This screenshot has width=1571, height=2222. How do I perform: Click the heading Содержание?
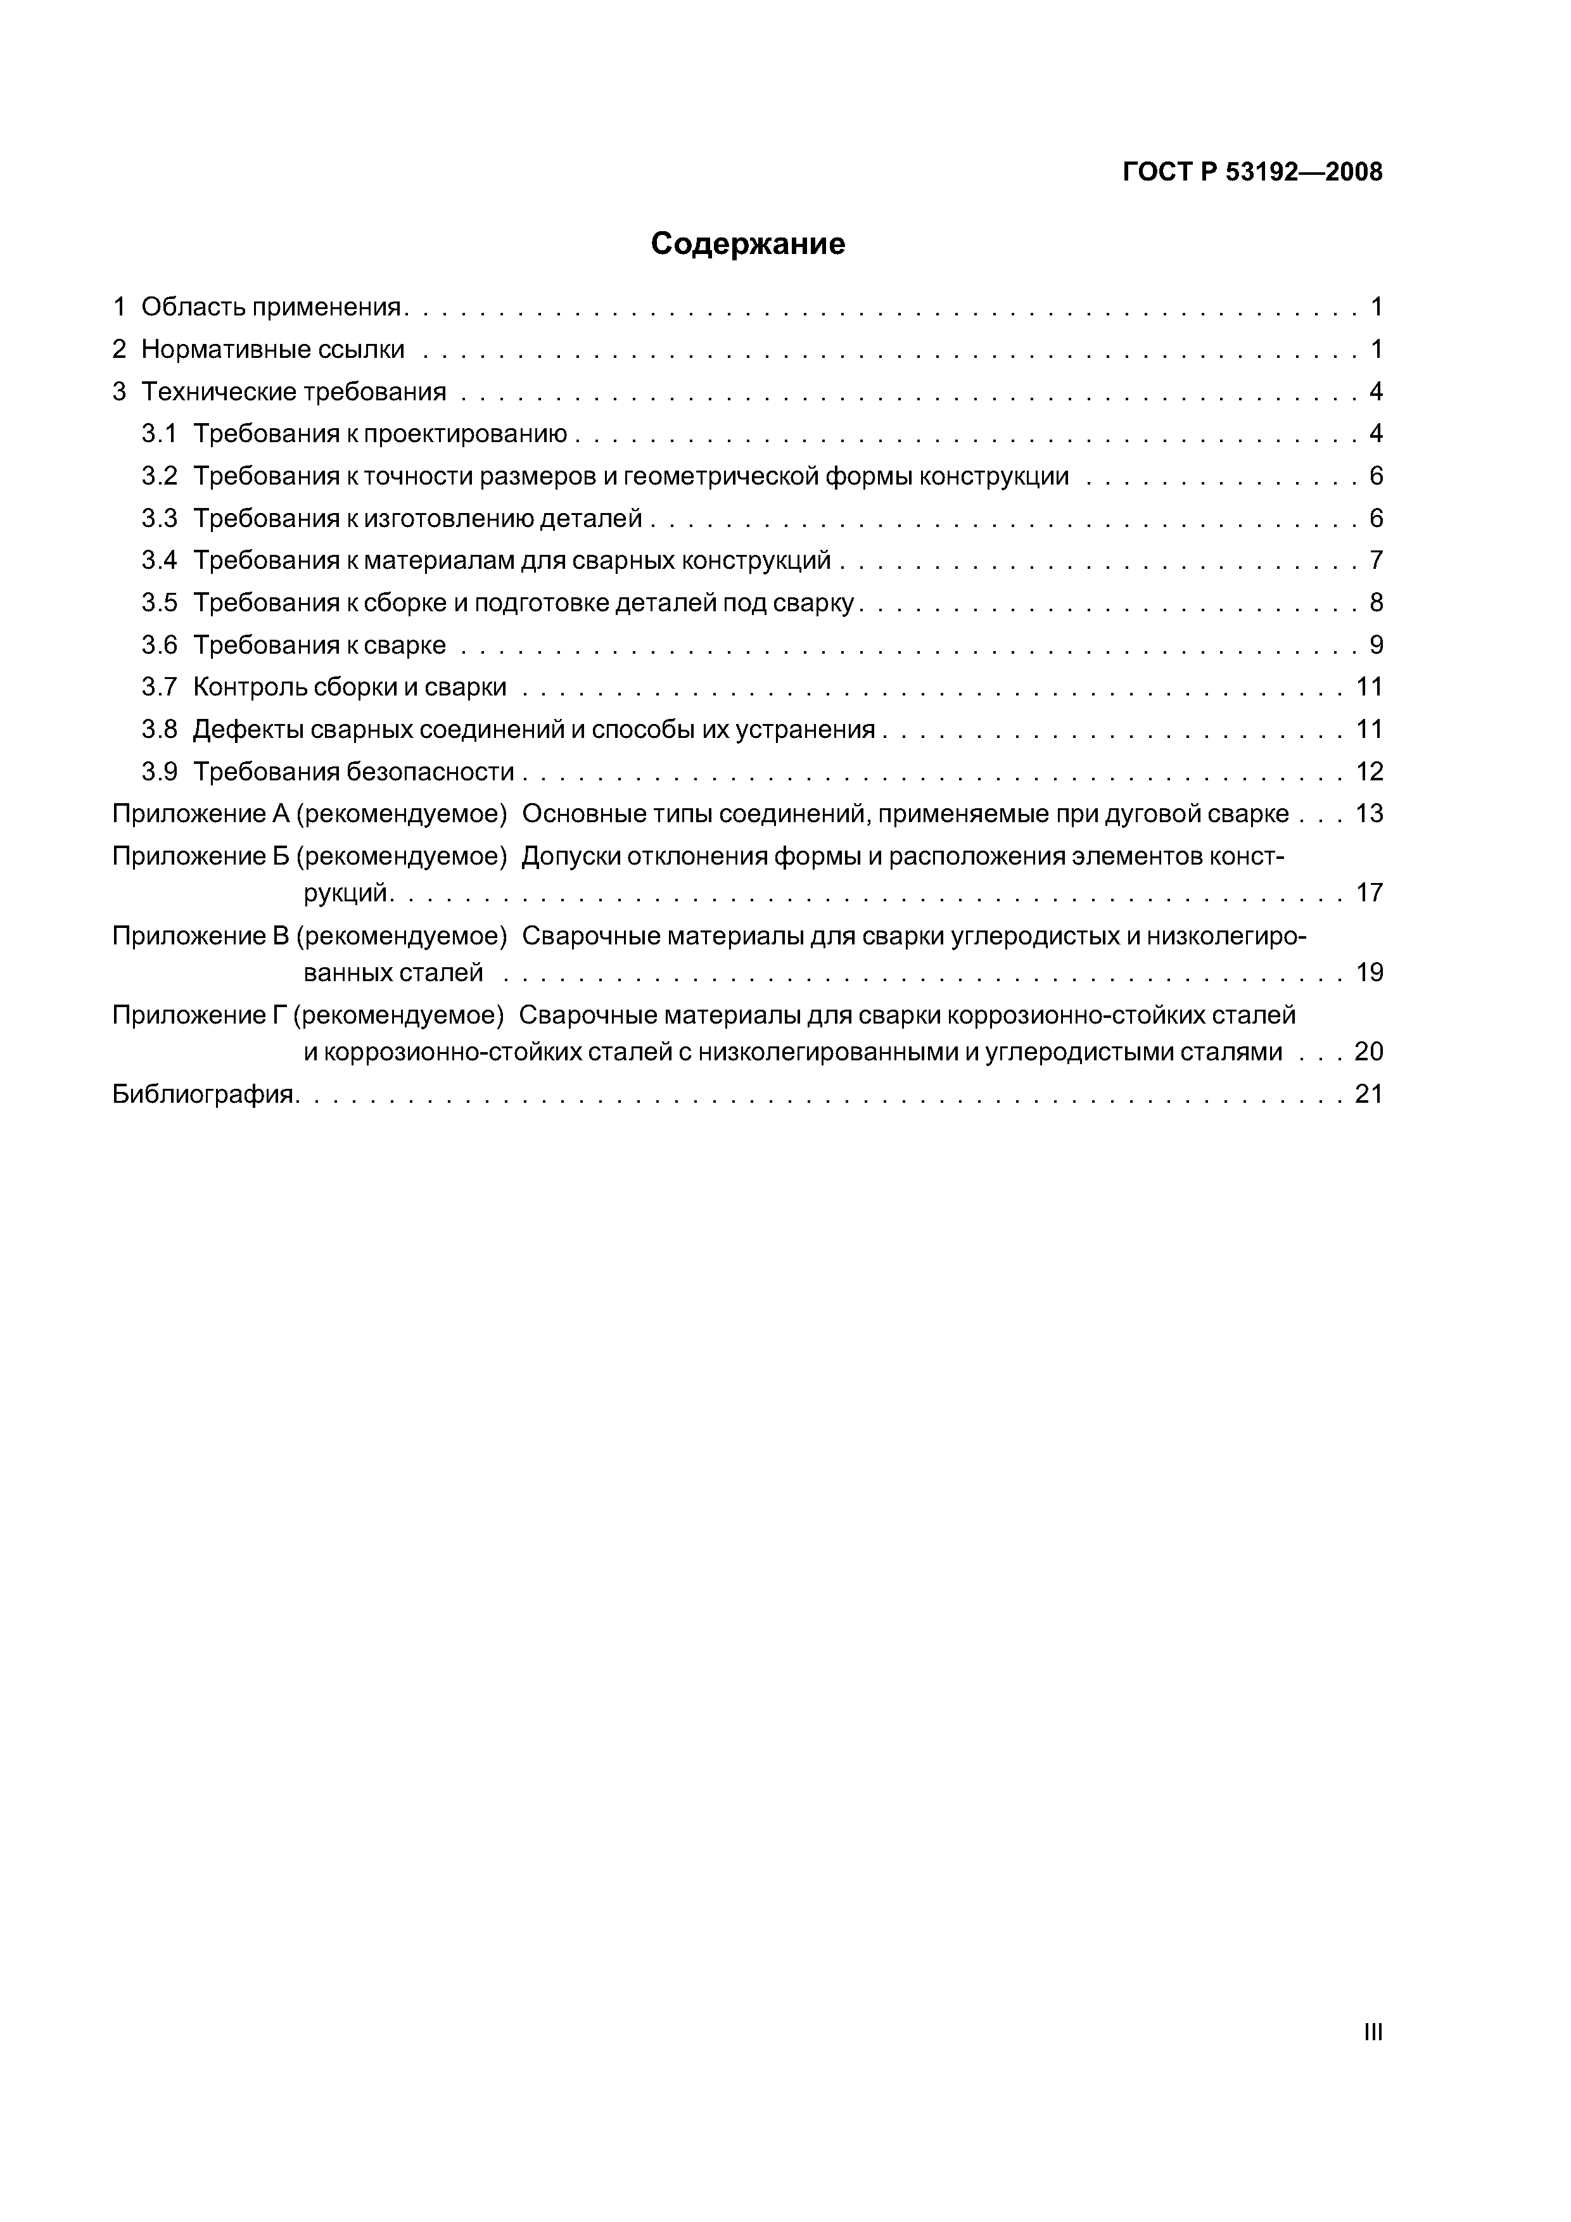click(747, 244)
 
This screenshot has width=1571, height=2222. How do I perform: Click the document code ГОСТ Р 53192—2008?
click(1252, 172)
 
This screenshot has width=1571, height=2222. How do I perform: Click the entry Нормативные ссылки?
click(273, 350)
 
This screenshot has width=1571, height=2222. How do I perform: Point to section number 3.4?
click(160, 561)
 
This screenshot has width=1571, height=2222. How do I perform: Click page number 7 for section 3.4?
click(1375, 561)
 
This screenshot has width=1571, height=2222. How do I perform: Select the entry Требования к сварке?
click(319, 645)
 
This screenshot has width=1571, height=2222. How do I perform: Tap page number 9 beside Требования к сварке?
click(1375, 645)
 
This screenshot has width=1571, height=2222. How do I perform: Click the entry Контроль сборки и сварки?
click(350, 687)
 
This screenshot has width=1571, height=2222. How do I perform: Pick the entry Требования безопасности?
click(353, 771)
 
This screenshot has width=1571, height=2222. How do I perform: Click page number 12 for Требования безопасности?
click(1369, 771)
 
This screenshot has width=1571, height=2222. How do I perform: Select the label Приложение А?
click(201, 814)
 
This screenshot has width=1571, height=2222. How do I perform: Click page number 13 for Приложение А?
click(1369, 814)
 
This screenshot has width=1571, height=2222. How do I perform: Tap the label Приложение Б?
click(201, 856)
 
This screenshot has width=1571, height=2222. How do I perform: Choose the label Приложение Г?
click(200, 1015)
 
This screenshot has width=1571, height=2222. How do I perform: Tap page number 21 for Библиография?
click(1369, 1095)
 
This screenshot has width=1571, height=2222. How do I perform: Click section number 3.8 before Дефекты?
click(160, 730)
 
